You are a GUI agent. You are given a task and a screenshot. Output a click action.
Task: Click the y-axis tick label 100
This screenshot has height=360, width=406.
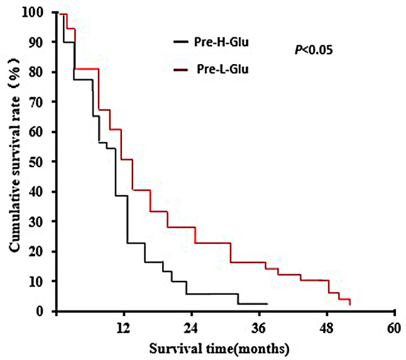tap(36, 12)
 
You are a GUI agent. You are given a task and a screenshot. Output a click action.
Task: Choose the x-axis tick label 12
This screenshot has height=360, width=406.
tap(123, 328)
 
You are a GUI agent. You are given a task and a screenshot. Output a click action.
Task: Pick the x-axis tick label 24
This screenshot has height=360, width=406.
tap(191, 328)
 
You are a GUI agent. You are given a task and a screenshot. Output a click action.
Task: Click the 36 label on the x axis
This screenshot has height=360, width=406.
tap(259, 328)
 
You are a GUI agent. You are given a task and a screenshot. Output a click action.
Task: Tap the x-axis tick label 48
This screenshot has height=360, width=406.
tap(327, 328)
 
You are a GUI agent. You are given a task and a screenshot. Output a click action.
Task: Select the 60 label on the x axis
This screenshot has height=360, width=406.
tap(394, 328)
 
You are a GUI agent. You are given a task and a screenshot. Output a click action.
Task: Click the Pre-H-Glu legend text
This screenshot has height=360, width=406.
tap(221, 42)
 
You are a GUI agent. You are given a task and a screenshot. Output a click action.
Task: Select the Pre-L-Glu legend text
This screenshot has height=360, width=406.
tap(222, 69)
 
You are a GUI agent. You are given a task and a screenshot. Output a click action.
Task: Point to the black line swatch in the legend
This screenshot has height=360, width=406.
tap(181, 41)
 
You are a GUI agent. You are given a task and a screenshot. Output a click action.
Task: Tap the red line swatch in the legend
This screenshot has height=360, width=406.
tap(181, 69)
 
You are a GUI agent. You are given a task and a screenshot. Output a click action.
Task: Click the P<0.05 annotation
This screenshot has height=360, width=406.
tap(314, 50)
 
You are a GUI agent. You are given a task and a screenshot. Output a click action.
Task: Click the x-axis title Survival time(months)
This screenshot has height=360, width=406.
tap(219, 349)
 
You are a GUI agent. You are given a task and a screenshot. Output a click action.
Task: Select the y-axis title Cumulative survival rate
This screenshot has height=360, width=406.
tap(14, 155)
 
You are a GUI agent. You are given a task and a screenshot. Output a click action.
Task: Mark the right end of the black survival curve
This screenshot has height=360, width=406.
tap(268, 304)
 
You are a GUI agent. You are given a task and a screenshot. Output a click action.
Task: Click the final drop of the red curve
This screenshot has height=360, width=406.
tap(350, 302)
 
